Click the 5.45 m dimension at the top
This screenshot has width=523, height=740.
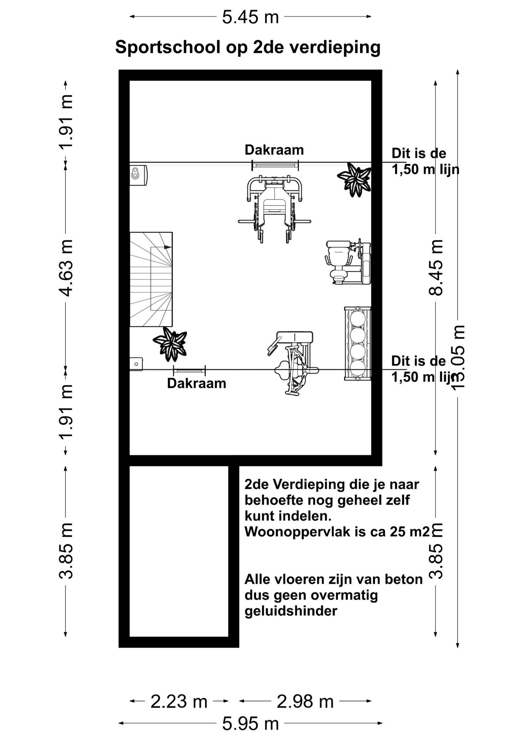coord(250,17)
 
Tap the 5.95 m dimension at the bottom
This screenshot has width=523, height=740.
coord(250,724)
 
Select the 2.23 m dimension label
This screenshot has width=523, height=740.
coord(179,701)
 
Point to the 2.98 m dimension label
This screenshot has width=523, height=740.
coord(305,701)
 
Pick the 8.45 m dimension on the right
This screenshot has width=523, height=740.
coord(436,267)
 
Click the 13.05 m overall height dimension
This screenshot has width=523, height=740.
coord(458,357)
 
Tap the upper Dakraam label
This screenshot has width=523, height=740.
coord(274,150)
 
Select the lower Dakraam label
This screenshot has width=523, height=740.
coord(196,383)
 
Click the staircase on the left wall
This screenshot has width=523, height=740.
coord(151,279)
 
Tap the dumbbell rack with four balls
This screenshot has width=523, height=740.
coord(357,344)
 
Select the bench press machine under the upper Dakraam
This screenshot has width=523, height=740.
coord(274,206)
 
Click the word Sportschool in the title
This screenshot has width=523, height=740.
coord(167,48)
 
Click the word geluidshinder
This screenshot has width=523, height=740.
coord(291,611)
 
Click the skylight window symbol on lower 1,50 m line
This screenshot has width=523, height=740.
coord(189,371)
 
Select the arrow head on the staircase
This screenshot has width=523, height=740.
coord(167,247)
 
